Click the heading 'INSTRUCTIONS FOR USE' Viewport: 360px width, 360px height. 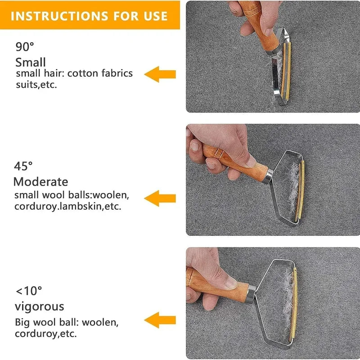tap(89, 16)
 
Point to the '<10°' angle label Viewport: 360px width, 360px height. tap(28, 291)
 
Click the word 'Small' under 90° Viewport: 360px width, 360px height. tap(31, 62)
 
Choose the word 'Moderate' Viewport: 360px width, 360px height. tap(41, 182)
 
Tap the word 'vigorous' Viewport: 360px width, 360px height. tap(40, 306)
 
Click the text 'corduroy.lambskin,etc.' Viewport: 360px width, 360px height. tap(67, 207)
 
